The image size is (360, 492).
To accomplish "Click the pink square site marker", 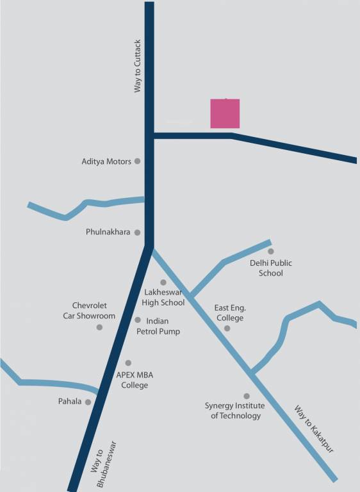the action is [x=225, y=113].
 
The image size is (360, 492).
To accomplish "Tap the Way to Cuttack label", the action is [x=137, y=66].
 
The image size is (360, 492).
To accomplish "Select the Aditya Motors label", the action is [x=106, y=161].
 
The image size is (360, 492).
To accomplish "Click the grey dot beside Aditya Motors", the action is [x=137, y=161].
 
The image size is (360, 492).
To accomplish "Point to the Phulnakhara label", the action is [x=108, y=232].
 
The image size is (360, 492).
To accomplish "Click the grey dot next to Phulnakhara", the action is [x=137, y=233].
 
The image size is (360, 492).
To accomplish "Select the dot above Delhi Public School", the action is [x=270, y=252].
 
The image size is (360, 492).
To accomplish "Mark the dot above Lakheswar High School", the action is [x=163, y=283].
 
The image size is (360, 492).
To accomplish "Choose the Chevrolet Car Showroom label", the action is [x=89, y=311].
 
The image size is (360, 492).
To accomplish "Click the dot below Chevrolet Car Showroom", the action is [x=99, y=327].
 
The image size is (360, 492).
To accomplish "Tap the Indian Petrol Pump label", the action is [x=158, y=326].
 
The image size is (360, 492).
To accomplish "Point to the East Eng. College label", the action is [x=229, y=313].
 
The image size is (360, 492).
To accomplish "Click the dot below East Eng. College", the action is [x=227, y=329].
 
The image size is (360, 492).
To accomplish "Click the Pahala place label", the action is [x=70, y=402].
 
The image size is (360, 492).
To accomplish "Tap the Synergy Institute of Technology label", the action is [x=233, y=411].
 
